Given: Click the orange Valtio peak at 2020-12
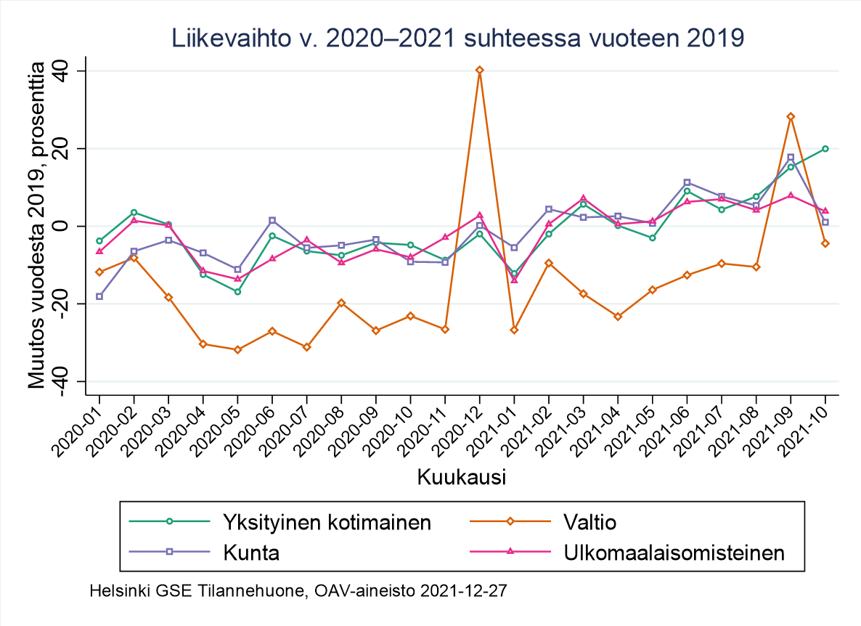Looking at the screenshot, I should click(479, 70).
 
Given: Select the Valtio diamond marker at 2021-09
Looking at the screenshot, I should click(791, 116).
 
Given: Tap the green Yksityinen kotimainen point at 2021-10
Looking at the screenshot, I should click(825, 149).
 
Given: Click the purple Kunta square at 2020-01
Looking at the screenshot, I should click(99, 296).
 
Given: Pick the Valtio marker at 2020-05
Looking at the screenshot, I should click(237, 349).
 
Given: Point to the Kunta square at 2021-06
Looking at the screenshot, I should click(687, 182).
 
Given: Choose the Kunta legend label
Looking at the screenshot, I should click(250, 553).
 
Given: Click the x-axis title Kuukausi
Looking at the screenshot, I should click(462, 477).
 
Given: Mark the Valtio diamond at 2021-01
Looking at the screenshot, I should click(514, 330).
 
